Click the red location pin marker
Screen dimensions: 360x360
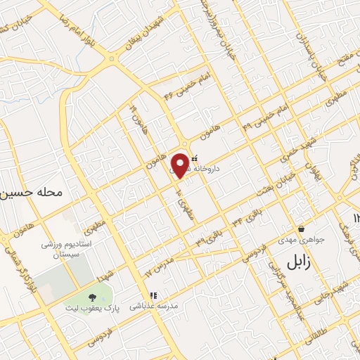(181, 165)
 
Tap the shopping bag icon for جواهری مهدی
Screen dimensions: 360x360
(301, 229)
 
